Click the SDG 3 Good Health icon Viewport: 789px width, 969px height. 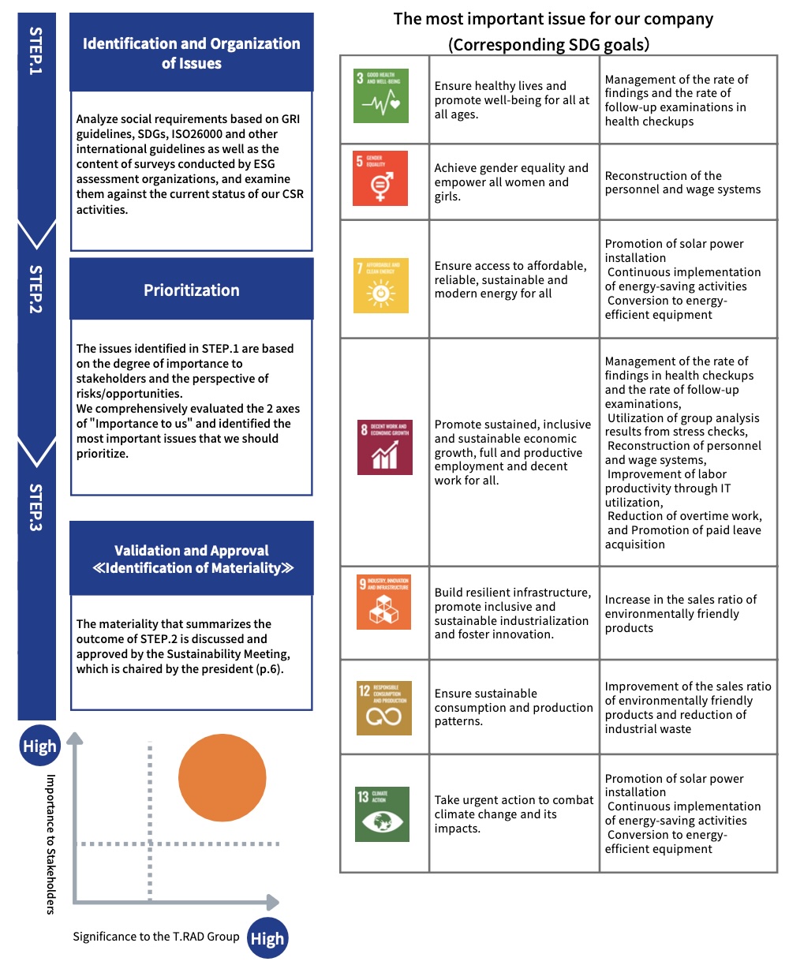(x=382, y=95)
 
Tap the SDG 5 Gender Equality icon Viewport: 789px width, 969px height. (x=380, y=178)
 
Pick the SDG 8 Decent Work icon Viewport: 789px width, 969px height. (x=384, y=447)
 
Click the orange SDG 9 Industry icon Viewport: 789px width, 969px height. (x=383, y=602)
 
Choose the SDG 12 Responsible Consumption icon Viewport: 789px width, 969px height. (x=383, y=708)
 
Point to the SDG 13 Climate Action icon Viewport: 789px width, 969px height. (x=383, y=814)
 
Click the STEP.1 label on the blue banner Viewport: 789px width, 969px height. (x=36, y=51)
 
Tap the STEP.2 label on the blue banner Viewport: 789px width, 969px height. (x=36, y=289)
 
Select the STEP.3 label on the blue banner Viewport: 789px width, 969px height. (x=36, y=507)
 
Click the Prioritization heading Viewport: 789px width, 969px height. (x=192, y=290)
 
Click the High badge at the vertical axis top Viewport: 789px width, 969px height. (x=39, y=746)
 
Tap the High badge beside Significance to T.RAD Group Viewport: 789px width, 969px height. (x=267, y=938)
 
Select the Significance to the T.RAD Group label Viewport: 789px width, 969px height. (x=155, y=937)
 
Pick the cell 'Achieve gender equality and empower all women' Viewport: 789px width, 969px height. (x=511, y=182)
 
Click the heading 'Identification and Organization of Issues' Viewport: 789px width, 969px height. (x=192, y=53)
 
